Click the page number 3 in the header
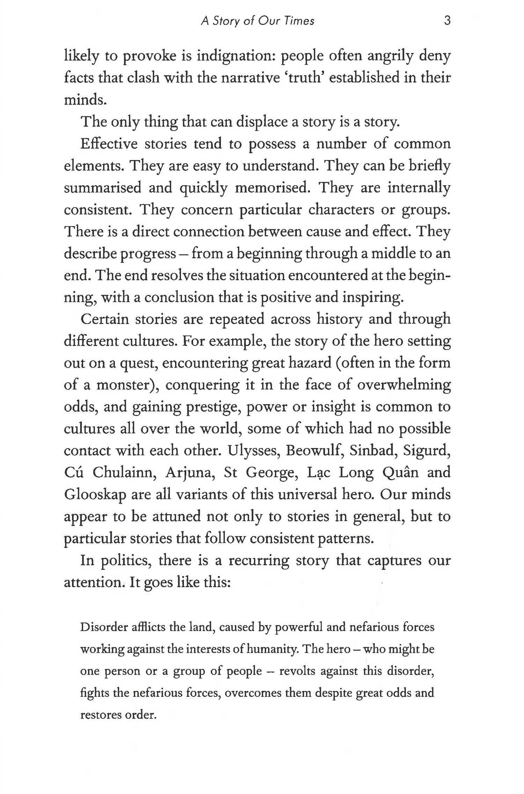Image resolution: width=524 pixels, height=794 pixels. coord(447,21)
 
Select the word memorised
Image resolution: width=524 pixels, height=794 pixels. coord(273,188)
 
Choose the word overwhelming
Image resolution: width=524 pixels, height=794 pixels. coord(404,385)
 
